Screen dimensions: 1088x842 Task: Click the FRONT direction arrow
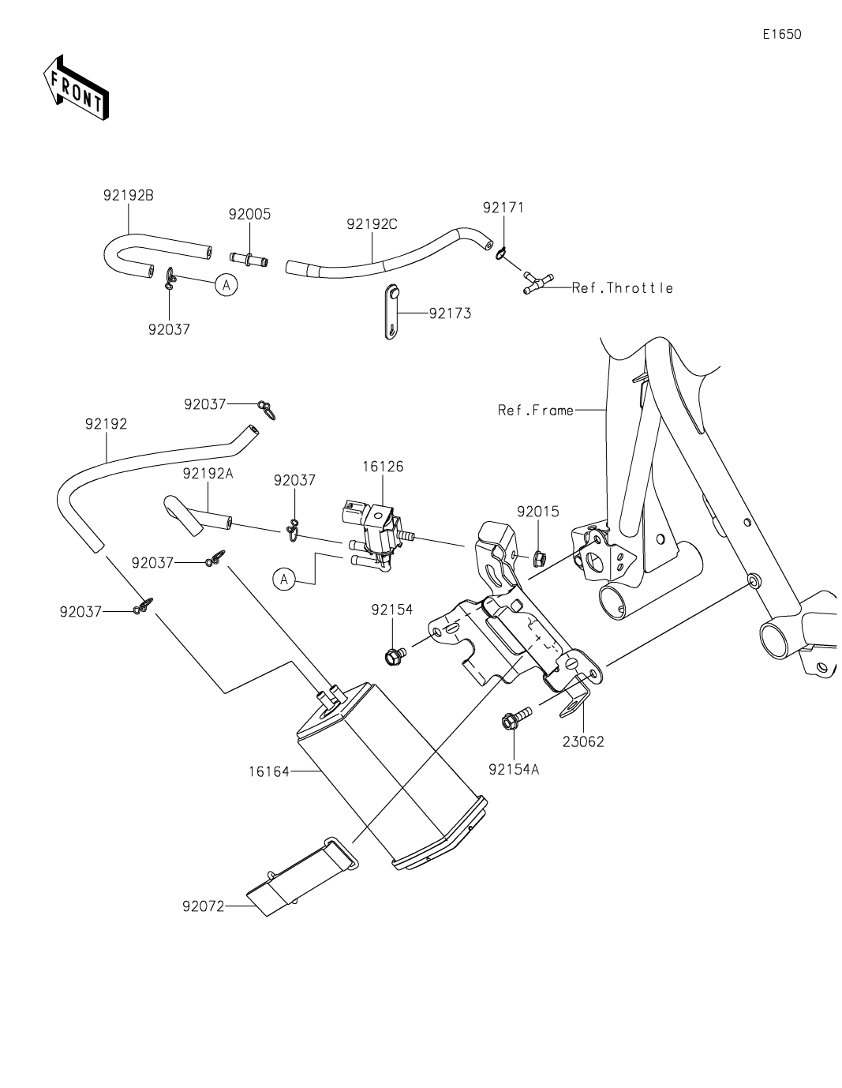click(x=76, y=87)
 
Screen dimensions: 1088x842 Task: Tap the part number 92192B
click(x=128, y=195)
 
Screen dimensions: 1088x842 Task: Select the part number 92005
click(x=249, y=214)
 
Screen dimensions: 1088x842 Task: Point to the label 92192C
click(x=372, y=223)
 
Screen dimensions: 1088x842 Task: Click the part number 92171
click(x=503, y=208)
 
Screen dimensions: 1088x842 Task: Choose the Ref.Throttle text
click(x=623, y=288)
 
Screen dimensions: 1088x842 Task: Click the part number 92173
click(x=450, y=313)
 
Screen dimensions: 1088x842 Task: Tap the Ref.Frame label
click(x=536, y=411)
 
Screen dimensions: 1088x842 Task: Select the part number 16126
click(x=383, y=467)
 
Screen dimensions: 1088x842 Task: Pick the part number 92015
click(x=538, y=511)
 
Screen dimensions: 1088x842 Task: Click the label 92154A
click(x=514, y=770)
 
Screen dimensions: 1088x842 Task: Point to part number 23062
click(x=583, y=741)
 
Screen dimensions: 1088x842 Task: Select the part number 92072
click(x=203, y=906)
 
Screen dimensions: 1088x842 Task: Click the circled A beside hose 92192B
click(x=226, y=284)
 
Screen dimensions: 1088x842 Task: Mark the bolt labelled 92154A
click(x=512, y=718)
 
